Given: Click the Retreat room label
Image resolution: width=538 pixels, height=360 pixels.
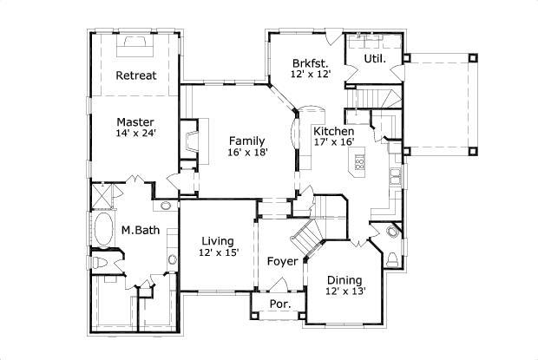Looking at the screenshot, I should [136, 75].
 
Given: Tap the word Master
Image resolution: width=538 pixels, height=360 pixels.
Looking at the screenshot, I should [136, 122].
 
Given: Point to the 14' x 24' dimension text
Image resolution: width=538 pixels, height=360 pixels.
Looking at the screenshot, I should [136, 134].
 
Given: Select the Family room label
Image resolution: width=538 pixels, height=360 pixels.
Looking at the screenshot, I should [247, 141].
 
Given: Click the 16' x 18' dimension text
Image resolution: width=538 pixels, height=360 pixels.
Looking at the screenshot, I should [247, 152].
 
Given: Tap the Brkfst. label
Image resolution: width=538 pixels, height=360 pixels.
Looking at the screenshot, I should [310, 63].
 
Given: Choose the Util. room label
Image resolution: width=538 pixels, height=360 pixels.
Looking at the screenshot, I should [375, 59].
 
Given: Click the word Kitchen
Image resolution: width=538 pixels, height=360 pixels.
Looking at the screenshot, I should [333, 131].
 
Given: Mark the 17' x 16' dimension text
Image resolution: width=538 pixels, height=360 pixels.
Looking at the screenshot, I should [333, 142].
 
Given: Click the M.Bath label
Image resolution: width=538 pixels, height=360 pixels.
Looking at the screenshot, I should [138, 230].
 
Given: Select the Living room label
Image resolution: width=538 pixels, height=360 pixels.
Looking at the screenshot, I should [217, 241].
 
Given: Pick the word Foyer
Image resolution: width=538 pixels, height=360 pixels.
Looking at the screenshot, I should [283, 260].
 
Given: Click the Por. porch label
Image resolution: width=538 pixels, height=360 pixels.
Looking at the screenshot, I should [279, 304].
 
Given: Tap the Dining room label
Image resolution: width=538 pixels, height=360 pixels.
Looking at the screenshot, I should [344, 279].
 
